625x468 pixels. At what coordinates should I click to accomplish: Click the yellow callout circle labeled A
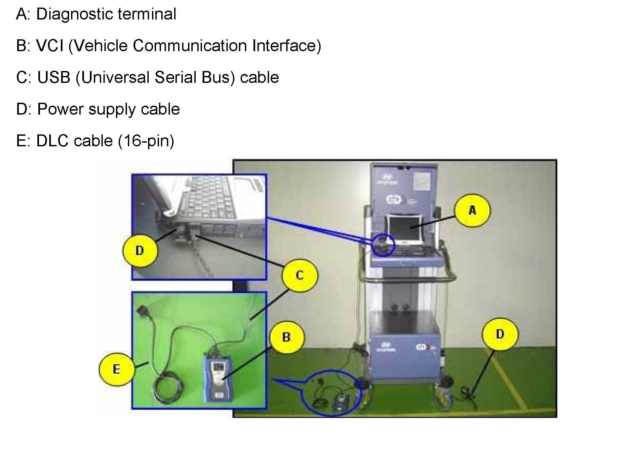pos(472,210)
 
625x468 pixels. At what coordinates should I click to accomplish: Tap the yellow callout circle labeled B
pos(286,337)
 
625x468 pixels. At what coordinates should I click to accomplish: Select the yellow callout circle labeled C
pos(300,275)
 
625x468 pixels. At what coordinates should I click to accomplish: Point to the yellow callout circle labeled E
pos(116,369)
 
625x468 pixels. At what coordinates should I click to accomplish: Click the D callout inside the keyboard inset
pos(140,250)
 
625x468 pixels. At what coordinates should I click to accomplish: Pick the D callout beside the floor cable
pos(500,334)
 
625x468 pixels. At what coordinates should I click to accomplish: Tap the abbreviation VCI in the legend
pos(50,46)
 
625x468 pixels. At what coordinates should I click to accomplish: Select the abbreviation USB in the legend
pos(54,77)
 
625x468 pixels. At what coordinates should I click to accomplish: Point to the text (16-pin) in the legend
pos(146,141)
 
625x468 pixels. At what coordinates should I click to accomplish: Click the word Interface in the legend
pos(286,46)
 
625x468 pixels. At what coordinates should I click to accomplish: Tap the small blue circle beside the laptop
pos(383,244)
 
